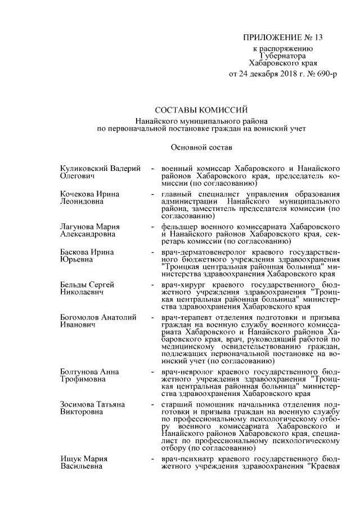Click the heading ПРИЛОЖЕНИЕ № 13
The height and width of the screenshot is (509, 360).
pyautogui.click(x=283, y=38)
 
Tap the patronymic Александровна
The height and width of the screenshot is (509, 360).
pyautogui.click(x=88, y=233)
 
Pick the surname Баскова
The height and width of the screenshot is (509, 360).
pyautogui.click(x=76, y=251)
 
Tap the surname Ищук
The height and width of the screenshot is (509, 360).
pyautogui.click(x=71, y=460)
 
